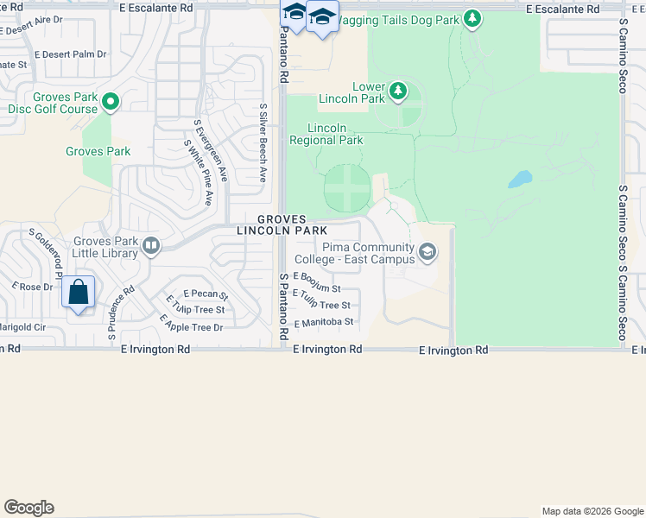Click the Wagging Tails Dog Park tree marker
[x=472, y=18]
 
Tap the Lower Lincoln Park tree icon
[x=397, y=89]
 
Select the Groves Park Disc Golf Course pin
[x=111, y=103]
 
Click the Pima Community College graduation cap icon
[x=427, y=252]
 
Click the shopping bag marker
[x=79, y=293]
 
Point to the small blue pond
[x=520, y=180]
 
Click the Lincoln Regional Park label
[x=326, y=134]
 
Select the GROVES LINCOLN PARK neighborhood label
[x=282, y=224]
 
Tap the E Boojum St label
[x=318, y=282]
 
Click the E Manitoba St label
[x=324, y=323]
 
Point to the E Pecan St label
[x=199, y=295]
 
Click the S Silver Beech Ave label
[x=263, y=142]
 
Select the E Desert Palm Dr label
[x=71, y=54]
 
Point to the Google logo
[x=28, y=508]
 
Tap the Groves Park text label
[x=98, y=151]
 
